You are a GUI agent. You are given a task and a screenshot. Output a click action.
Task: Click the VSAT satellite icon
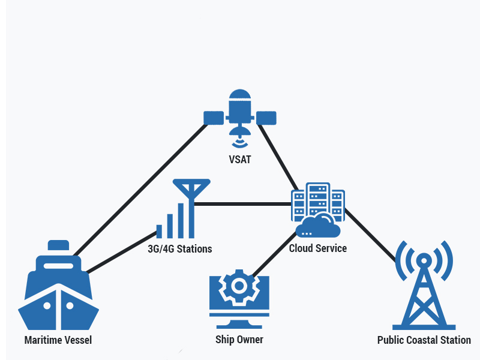240,114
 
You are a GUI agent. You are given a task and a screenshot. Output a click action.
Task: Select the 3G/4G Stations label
180,248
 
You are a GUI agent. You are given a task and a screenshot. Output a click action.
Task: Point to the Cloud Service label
318,248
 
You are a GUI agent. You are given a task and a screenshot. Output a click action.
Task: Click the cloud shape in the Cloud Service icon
319,227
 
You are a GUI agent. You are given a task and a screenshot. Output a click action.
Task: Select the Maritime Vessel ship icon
58,288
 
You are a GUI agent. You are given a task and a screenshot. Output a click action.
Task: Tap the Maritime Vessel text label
58,340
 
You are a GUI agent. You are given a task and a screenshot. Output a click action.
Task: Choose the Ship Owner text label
239,340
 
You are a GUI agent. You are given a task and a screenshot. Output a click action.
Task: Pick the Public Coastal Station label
424,340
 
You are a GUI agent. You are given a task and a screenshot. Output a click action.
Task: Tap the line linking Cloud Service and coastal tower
372,234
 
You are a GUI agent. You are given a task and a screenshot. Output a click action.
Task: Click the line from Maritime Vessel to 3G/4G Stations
120,253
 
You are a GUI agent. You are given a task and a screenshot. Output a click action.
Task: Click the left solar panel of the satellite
213,117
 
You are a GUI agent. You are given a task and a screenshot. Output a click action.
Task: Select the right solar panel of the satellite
266,117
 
